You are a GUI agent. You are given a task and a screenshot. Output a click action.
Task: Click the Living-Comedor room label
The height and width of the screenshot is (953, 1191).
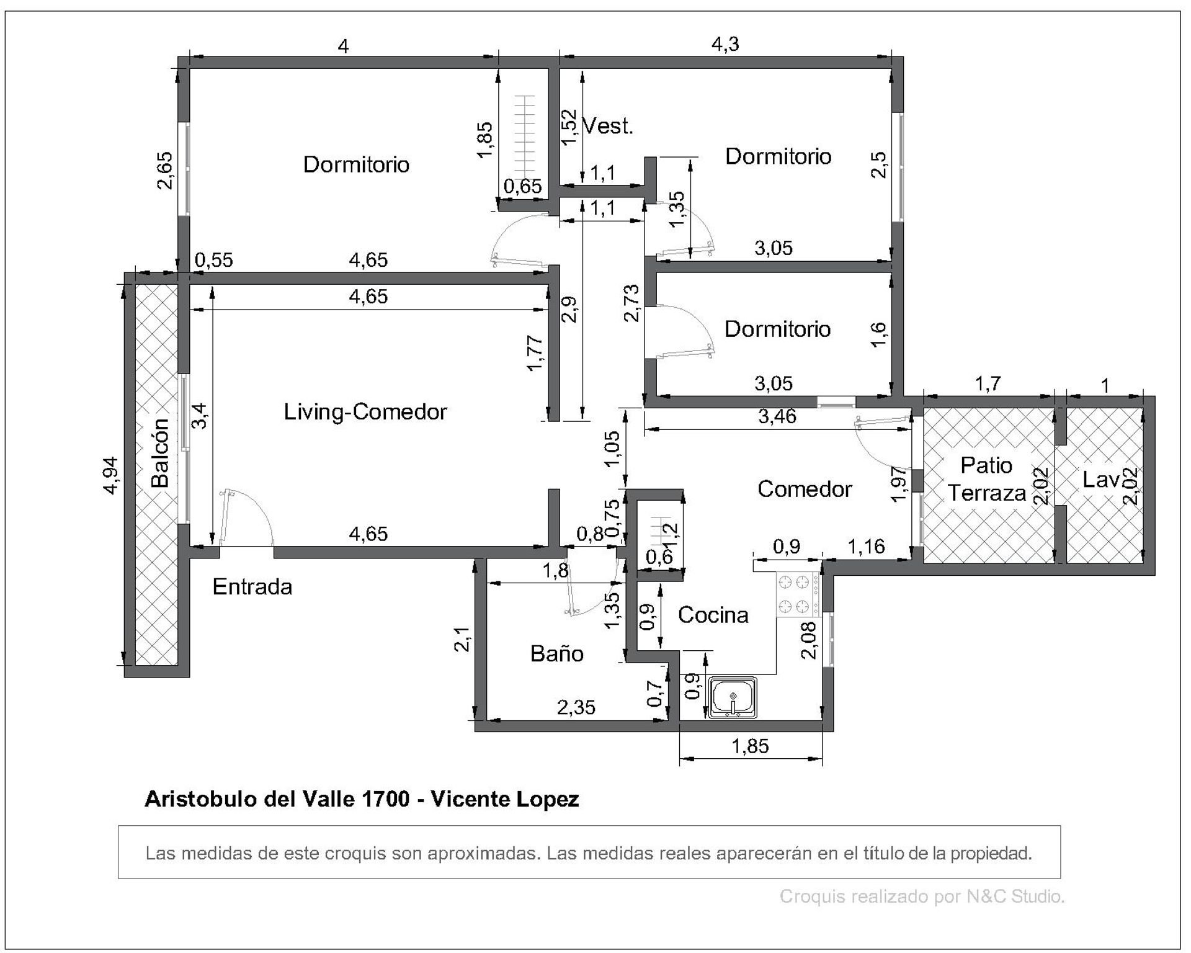tap(365, 412)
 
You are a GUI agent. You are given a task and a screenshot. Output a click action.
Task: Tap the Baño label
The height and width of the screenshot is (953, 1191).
tap(556, 653)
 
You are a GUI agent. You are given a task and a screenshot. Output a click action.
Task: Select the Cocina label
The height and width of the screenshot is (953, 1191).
tap(713, 615)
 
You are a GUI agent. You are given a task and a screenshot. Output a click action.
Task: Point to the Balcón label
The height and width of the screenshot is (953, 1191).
tap(160, 452)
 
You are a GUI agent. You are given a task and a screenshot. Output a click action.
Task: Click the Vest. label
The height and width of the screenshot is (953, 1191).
tap(608, 126)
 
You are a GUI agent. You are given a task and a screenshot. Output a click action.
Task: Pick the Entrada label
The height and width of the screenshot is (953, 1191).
tap(252, 587)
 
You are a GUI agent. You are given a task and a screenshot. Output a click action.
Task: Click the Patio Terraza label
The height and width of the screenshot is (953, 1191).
tap(986, 479)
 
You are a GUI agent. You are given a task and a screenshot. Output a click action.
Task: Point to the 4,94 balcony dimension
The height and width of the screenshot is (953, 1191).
tap(111, 475)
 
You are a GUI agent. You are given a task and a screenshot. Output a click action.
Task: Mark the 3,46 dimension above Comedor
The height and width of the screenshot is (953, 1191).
tap(777, 416)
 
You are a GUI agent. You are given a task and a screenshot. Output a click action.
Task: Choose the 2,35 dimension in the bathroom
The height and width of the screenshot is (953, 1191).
tap(576, 707)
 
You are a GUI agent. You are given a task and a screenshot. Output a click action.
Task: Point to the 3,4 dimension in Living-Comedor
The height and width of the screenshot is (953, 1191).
tap(200, 415)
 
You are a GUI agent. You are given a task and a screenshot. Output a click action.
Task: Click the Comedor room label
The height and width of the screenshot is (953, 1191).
tap(805, 490)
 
